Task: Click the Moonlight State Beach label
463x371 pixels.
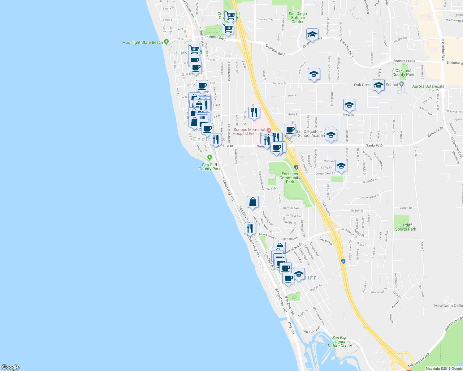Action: (142, 42)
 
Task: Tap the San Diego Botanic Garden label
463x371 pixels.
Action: (298, 18)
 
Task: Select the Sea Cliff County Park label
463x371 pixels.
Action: (210, 167)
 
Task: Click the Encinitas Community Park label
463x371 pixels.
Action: (290, 178)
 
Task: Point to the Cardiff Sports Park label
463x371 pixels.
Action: (405, 227)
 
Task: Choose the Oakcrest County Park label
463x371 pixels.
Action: (403, 73)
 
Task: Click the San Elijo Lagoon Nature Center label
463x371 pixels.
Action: (340, 342)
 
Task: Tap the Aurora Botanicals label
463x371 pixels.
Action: (428, 87)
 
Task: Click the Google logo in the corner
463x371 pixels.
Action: (11, 367)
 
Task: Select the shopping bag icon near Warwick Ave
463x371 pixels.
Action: (253, 202)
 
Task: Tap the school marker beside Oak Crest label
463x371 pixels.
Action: (379, 85)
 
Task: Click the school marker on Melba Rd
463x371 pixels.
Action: (349, 105)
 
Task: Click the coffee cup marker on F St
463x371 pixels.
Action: (202, 86)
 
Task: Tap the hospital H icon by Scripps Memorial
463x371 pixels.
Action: (269, 130)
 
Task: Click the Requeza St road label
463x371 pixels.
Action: (279, 83)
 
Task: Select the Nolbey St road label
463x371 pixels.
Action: (357, 211)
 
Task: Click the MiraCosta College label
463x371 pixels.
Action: (448, 305)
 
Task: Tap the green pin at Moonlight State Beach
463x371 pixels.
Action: (167, 41)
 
